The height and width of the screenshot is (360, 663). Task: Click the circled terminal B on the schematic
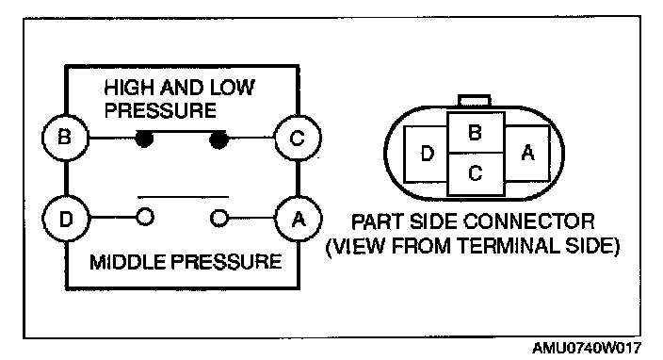tap(65, 138)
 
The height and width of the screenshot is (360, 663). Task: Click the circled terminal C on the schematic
tap(298, 138)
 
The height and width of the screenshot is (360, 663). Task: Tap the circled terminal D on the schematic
tap(66, 219)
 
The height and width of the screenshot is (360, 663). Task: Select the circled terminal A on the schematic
tap(299, 219)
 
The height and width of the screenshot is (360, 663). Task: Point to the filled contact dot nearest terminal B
tap(144, 139)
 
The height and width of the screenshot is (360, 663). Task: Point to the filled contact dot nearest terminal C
tap(218, 140)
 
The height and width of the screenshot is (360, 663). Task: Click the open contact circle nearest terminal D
tap(145, 218)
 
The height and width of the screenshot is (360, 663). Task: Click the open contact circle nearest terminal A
tap(219, 218)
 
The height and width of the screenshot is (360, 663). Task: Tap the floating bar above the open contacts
tap(183, 197)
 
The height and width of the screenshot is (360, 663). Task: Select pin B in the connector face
tap(476, 133)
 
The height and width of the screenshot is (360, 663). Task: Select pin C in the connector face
tap(476, 173)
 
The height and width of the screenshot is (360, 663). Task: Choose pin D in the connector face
tap(427, 154)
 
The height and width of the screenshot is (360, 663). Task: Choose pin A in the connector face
tap(527, 153)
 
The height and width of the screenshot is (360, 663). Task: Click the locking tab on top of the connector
tap(475, 101)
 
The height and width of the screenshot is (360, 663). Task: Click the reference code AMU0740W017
tap(586, 348)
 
